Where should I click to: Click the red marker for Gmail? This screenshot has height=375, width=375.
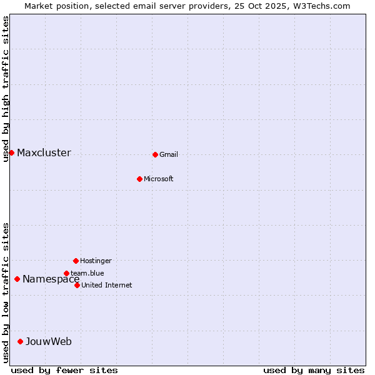pos(155,154)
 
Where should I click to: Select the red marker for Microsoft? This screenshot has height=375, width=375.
pos(139,179)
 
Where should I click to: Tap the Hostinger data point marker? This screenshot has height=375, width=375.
pos(76,261)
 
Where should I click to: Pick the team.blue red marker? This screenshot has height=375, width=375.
pos(66,273)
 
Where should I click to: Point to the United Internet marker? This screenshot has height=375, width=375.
pos(77,285)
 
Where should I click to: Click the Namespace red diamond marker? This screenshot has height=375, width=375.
pos(17,279)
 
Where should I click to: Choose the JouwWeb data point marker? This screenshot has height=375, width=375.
pos(20,341)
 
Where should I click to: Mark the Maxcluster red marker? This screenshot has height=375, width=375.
pos(11,152)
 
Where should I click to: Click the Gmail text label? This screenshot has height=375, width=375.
pos(169,154)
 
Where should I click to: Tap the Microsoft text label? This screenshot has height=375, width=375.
pos(159,179)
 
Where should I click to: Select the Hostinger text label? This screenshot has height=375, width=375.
pos(96,261)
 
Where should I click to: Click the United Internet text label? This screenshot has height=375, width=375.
pos(107,285)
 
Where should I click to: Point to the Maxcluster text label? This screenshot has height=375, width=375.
pos(44,153)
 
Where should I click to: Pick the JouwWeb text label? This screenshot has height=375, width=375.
pos(49,341)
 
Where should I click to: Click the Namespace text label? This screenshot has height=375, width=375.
pos(51,279)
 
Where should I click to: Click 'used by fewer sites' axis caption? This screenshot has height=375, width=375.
pos(64,370)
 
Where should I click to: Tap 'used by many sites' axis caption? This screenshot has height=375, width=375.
pos(314,370)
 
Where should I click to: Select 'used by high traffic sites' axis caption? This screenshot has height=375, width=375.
pos(6,89)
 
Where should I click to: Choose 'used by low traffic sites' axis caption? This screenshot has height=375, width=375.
pos(6,292)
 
